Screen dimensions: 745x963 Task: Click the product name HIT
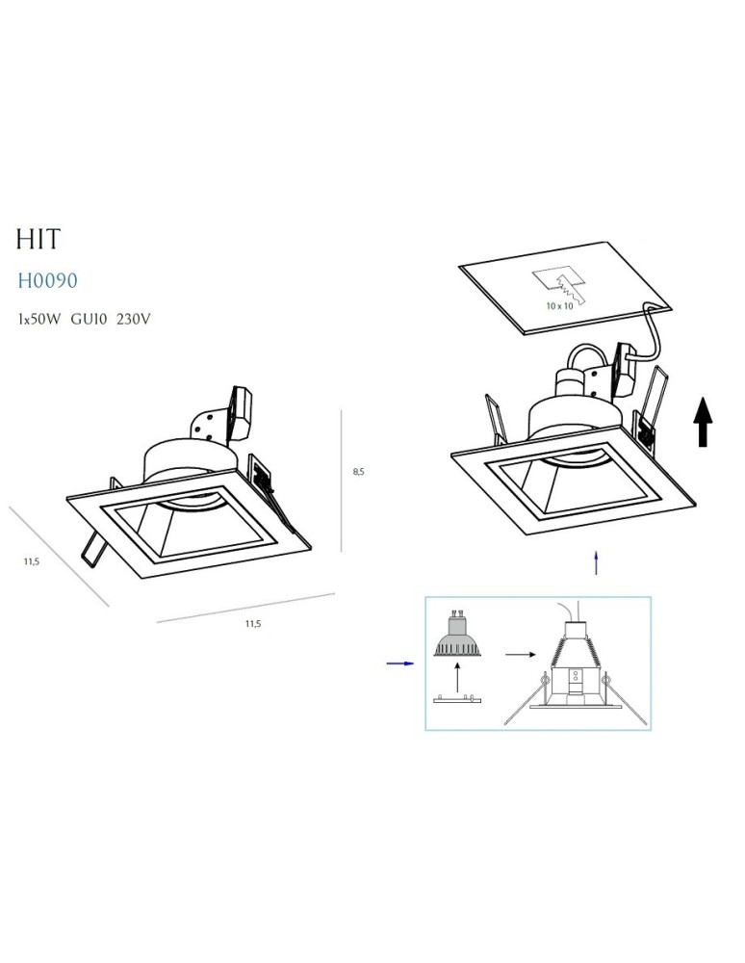39,238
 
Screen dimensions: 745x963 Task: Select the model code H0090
47,280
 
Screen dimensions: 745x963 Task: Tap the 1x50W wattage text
39,320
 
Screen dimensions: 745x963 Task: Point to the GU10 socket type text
89,320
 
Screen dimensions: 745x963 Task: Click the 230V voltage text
133,320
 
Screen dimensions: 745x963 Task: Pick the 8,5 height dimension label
358,472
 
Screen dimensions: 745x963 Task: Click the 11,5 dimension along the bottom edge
253,623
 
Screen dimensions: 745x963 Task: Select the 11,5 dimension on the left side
32,560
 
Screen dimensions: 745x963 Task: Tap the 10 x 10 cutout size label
559,306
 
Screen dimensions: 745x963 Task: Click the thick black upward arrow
703,422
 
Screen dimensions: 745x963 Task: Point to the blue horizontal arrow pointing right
400,664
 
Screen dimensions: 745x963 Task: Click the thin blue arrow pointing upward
596,562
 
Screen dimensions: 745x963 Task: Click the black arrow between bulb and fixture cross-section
521,655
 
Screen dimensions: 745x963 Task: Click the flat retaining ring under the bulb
457,699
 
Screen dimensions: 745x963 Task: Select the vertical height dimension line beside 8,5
341,481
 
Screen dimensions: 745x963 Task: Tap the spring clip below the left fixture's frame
92,548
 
